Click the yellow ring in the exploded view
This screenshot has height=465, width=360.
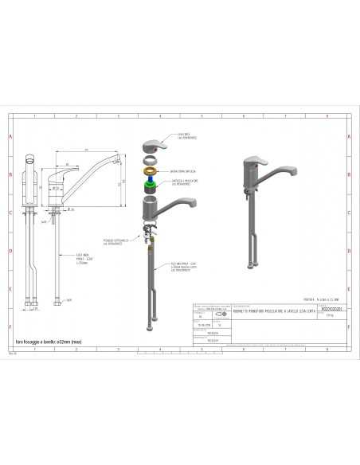click(x=150, y=171)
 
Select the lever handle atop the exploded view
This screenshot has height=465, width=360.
click(x=151, y=148)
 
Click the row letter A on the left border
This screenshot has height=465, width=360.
click(x=10, y=136)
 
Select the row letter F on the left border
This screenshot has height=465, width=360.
click(x=10, y=326)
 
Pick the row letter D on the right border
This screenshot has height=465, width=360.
click(x=350, y=250)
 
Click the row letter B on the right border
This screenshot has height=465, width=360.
click(x=350, y=174)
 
